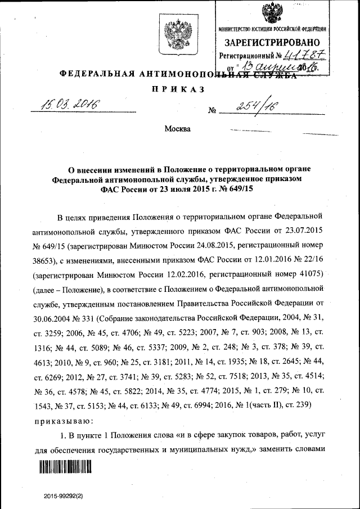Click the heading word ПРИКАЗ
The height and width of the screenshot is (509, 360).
click(177, 90)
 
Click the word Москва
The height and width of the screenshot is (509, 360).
click(177, 129)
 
